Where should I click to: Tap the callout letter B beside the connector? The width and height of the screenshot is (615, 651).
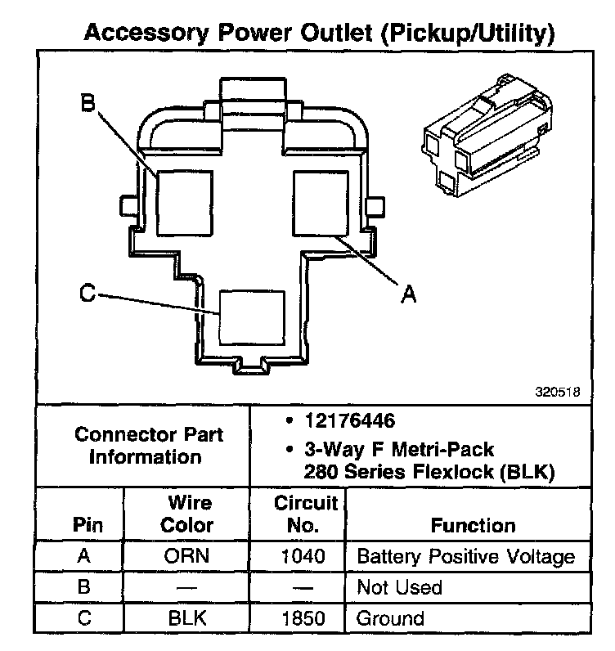coord(88,103)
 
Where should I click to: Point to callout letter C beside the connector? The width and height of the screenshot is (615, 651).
coord(88,293)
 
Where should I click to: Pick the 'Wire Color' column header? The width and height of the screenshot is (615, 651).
coord(189,514)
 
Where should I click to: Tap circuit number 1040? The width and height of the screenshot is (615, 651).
coord(303,557)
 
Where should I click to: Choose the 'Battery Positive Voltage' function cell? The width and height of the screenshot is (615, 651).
coord(465,557)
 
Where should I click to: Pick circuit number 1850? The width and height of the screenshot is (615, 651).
coord(303,618)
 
